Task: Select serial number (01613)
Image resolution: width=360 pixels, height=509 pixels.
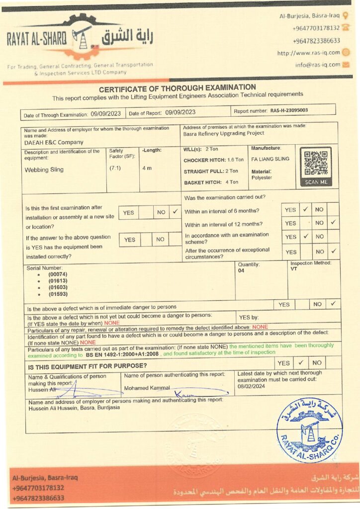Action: click(x=58, y=281)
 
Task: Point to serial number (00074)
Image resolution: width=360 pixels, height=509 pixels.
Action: click(x=58, y=274)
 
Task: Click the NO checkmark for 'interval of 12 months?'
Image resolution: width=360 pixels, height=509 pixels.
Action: click(x=333, y=222)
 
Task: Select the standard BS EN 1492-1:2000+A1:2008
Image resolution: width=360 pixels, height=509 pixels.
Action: click(x=122, y=355)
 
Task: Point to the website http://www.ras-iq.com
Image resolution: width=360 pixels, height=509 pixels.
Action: click(x=308, y=53)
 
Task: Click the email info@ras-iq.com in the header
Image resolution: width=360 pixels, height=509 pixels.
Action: click(x=317, y=65)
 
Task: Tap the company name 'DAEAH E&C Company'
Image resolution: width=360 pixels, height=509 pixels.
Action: click(x=48, y=142)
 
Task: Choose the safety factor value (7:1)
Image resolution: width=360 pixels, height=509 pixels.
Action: click(x=115, y=168)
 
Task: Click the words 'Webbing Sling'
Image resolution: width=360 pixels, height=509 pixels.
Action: click(x=44, y=170)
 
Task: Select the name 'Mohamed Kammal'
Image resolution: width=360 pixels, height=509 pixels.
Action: click(x=147, y=388)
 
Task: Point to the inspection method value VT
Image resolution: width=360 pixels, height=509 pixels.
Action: click(x=293, y=269)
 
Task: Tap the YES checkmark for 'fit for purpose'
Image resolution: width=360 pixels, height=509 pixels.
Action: click(x=301, y=363)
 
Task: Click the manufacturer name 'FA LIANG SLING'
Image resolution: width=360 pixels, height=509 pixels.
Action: click(x=270, y=159)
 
